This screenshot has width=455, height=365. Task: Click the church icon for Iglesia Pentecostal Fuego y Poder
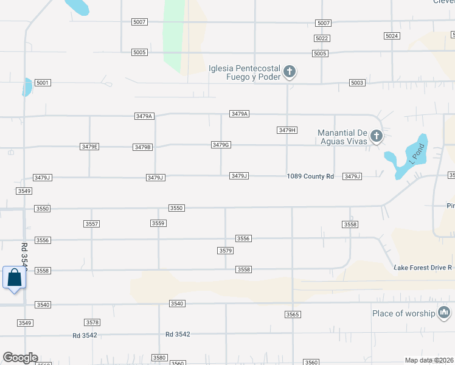(x=290, y=72)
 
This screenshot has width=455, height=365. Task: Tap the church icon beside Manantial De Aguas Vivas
(x=377, y=136)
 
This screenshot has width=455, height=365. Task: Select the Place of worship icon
(x=444, y=313)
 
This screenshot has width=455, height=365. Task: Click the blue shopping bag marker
(x=14, y=277)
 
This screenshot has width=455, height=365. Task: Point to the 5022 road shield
(x=322, y=38)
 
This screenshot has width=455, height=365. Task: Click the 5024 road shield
(x=392, y=36)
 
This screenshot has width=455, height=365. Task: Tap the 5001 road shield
(x=43, y=83)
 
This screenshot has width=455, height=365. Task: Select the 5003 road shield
(x=357, y=83)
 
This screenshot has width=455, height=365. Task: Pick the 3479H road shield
(x=287, y=130)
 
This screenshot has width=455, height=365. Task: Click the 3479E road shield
(x=89, y=147)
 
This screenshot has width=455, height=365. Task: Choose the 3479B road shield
(x=142, y=147)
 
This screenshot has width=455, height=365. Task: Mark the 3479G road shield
(x=221, y=145)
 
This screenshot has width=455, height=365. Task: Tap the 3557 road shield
(x=92, y=224)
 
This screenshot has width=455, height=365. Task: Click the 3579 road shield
(x=226, y=251)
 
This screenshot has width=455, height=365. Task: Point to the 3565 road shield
(x=293, y=315)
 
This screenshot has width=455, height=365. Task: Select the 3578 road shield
(x=92, y=322)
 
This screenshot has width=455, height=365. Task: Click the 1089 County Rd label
(x=311, y=176)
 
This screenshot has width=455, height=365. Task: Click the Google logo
(x=20, y=358)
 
